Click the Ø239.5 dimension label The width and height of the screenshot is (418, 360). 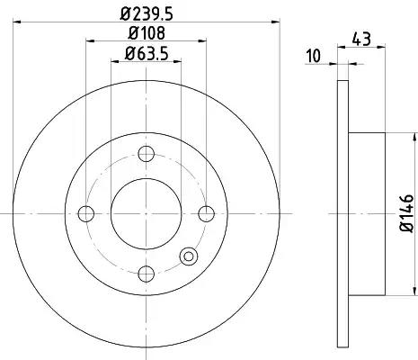(x=147, y=13)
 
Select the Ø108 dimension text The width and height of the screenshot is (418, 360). (x=147, y=32)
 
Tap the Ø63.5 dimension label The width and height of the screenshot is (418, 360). (x=147, y=54)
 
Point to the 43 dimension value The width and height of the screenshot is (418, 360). (x=361, y=39)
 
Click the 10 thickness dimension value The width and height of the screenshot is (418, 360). (x=314, y=56)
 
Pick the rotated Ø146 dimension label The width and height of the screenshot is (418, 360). (x=407, y=213)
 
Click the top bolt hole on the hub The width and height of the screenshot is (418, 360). (x=147, y=154)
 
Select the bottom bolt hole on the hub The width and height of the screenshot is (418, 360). (x=147, y=274)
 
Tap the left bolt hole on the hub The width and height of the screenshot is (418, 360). (x=86, y=213)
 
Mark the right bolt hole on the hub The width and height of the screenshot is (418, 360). (x=207, y=213)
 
